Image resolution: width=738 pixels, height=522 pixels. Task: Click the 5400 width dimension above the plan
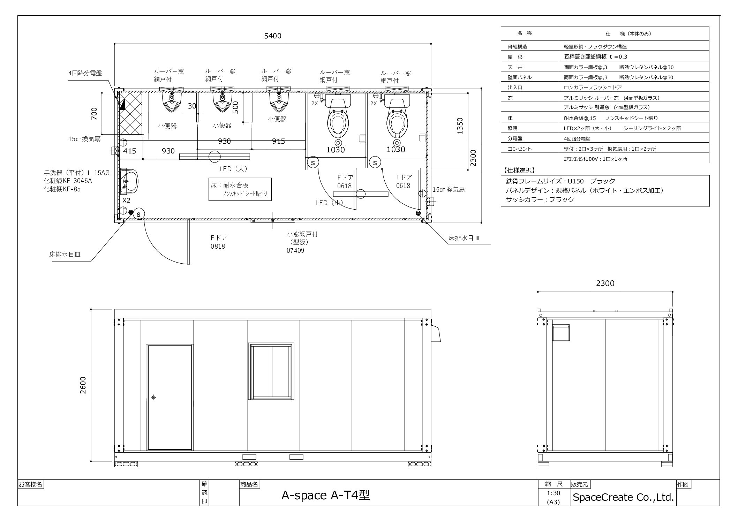pyautogui.click(x=273, y=36)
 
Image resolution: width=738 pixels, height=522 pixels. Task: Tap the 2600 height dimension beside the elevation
pyautogui.click(x=83, y=385)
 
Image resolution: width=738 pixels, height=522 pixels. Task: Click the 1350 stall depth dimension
pyautogui.click(x=460, y=126)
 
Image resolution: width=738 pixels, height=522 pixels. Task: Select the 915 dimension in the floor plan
pyautogui.click(x=278, y=141)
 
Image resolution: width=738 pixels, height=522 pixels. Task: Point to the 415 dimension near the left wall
pyautogui.click(x=129, y=151)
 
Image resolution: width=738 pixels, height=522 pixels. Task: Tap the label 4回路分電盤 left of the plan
pyautogui.click(x=85, y=73)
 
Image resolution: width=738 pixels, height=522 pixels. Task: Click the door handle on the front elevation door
pyautogui.click(x=153, y=397)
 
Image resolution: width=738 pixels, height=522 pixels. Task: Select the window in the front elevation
pyautogui.click(x=270, y=371)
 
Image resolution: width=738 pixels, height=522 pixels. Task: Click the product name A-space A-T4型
pyautogui.click(x=325, y=495)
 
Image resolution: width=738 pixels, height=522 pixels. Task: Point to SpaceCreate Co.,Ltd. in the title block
pyautogui.click(x=623, y=498)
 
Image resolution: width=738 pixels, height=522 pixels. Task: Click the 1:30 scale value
pyautogui.click(x=553, y=493)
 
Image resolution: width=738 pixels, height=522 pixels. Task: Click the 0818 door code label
pyautogui.click(x=218, y=247)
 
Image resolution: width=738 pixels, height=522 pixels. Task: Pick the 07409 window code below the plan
pyautogui.click(x=295, y=250)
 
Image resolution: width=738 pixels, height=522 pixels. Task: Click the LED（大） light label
pyautogui.click(x=233, y=169)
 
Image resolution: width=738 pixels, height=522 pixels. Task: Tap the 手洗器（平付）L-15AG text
pyautogui.click(x=77, y=173)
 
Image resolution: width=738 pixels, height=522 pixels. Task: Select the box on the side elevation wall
pyautogui.click(x=561, y=333)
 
